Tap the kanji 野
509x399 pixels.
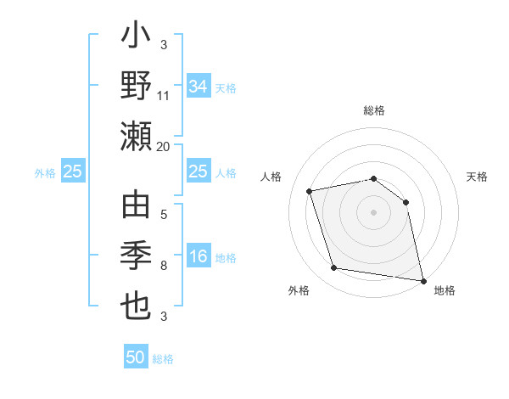click(136, 87)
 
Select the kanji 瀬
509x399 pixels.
click(136, 136)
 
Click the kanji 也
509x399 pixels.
click(136, 306)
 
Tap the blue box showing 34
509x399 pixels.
click(198, 87)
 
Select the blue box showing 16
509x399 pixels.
click(198, 257)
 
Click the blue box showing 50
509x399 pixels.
click(136, 357)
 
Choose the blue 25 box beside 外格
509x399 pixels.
click(73, 172)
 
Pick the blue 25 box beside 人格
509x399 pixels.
click(198, 172)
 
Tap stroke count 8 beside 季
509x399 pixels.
click(163, 267)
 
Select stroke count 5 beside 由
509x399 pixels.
click(163, 216)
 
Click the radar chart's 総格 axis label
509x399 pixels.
click(373, 110)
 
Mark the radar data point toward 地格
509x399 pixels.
click(422, 279)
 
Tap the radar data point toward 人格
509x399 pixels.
click(310, 191)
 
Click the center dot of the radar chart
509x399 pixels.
click(373, 211)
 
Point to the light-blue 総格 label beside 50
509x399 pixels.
click(163, 359)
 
